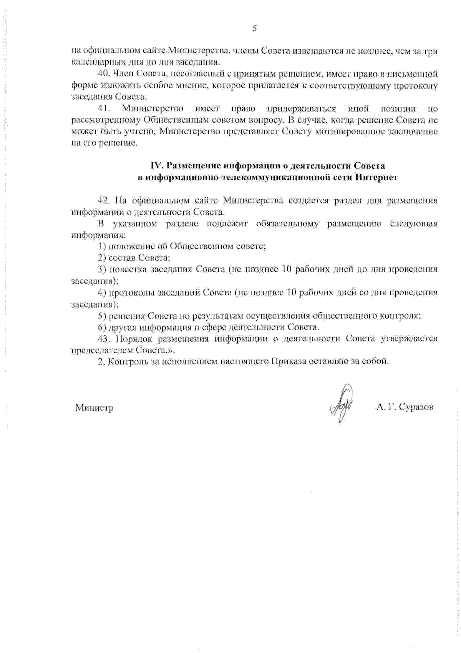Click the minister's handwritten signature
(342, 404)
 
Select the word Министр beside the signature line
(94, 408)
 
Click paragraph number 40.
(104, 74)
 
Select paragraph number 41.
(104, 109)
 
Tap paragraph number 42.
(104, 200)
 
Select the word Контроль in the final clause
(127, 362)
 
